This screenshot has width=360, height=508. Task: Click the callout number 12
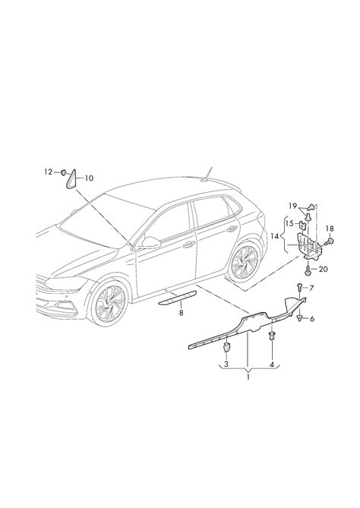pos(49,172)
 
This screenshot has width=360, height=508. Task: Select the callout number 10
pos(89,178)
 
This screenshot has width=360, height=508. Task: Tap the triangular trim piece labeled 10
pos(71,179)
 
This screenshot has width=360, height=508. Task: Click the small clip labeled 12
pos(64,172)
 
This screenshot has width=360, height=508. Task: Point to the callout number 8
pos(181,313)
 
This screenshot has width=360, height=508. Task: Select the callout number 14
pos(275,236)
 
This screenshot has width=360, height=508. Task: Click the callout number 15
pos(289,223)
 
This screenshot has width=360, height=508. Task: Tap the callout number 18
pos(330,229)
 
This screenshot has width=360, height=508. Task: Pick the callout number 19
pos(293,206)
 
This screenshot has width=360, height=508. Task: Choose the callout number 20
pos(324,269)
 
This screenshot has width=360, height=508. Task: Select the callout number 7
pos(311,288)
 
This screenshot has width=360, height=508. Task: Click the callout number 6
pos(311,319)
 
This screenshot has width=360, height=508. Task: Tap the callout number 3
pos(226,364)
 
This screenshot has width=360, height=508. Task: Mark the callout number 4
pos(272,364)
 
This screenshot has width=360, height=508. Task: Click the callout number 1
pos(248,377)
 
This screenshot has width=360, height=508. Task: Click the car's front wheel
pos(109,302)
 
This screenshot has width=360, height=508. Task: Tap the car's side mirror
pos(150,242)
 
